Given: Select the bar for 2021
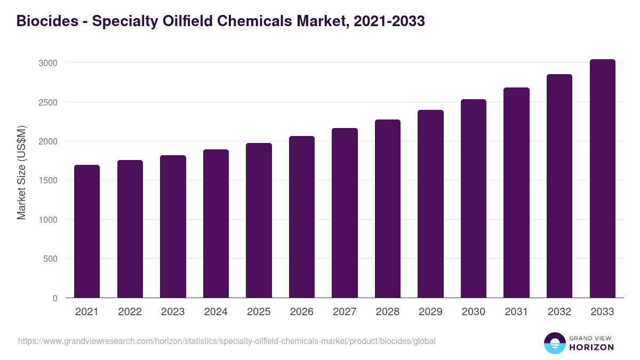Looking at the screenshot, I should [87, 231].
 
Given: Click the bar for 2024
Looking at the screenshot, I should [216, 224].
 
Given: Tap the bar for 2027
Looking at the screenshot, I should [345, 213].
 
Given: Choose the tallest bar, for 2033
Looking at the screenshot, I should [602, 179].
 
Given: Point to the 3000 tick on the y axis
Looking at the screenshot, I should [47, 63].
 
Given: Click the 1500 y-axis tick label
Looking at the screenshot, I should [47, 180].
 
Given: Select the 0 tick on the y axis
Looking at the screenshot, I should [55, 298].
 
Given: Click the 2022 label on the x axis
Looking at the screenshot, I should [130, 312].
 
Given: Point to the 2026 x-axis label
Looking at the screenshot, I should [302, 312].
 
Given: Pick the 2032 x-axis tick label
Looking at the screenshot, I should [559, 312].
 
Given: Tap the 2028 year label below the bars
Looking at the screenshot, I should [388, 312].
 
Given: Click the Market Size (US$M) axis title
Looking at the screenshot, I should [21, 172].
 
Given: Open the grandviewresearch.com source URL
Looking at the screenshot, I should [227, 341].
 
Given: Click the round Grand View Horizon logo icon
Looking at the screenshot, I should [554, 343].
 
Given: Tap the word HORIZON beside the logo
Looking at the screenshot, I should [591, 347].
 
